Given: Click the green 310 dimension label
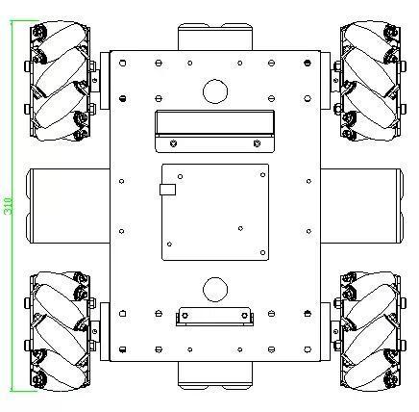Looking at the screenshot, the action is (x=9, y=205).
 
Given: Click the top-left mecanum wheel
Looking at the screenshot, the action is (x=60, y=81).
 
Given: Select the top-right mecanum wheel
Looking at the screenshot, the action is (x=370, y=81).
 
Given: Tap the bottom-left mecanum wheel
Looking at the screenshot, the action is (x=60, y=331).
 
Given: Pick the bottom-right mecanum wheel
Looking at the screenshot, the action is (x=370, y=331).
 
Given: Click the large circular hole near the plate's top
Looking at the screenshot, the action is (x=215, y=91).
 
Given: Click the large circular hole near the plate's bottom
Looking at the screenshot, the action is (x=215, y=290).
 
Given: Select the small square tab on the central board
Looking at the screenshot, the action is (x=167, y=190).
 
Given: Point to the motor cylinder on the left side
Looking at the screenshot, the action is (x=68, y=206).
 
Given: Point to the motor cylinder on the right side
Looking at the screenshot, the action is (x=362, y=206).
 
